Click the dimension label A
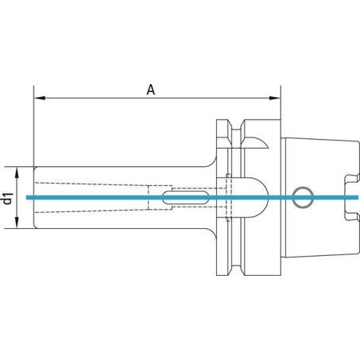[151, 90]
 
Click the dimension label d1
[8, 199]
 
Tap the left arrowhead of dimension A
[40, 98]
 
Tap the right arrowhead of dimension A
[275, 98]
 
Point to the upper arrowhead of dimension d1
[17, 172]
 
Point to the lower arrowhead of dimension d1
[17, 223]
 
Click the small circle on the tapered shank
[303, 197]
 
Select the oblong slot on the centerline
[185, 197]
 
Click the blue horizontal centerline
[192, 197]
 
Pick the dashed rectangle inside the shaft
[160, 198]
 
